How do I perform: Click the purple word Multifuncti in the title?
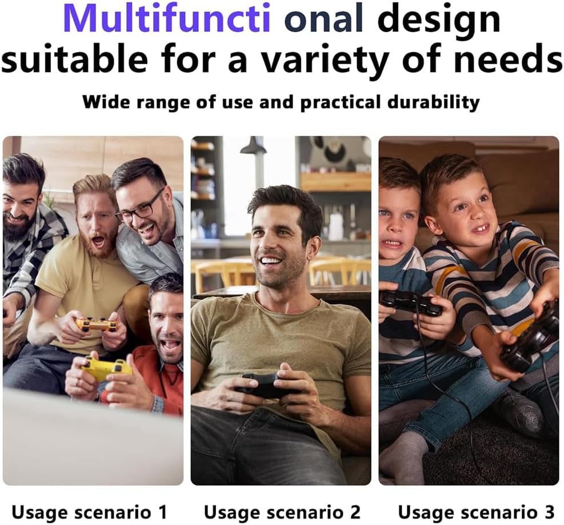166,18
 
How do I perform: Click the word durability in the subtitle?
434,102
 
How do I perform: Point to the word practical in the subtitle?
340,102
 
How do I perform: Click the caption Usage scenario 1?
90,512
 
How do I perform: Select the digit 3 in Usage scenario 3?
549,512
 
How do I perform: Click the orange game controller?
97,324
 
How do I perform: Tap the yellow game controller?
105,368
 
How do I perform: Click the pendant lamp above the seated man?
253,146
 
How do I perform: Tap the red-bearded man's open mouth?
98,242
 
